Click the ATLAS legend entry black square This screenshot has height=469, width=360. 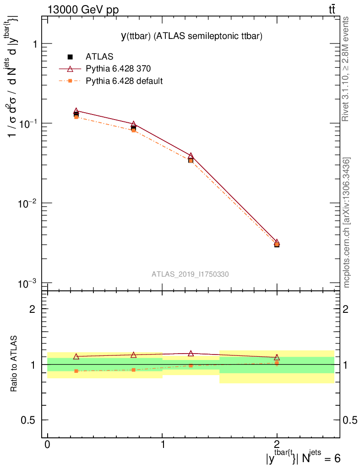pos(70,57)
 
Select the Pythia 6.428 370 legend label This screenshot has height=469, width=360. pos(119,69)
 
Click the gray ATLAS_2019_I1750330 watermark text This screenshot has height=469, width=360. pos(190,274)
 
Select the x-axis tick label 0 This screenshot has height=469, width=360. pos(48,445)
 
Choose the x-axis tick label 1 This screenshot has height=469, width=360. pos(163,445)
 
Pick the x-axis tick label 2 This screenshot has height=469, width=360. pos(277,445)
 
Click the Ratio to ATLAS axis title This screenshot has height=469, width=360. pos(14,365)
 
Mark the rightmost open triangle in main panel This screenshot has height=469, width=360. pos(277,242)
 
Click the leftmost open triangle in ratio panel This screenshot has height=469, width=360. pos(76,356)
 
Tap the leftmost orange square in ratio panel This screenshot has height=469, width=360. pos(76,371)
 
